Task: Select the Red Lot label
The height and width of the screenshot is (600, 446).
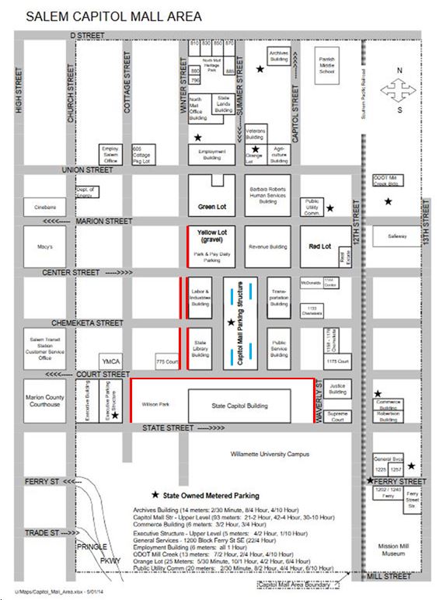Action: [x=320, y=246]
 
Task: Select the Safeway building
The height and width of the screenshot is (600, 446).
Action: [x=396, y=235]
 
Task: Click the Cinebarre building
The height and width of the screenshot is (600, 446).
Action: [x=45, y=208]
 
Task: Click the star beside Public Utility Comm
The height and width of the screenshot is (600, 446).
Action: [x=330, y=208]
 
